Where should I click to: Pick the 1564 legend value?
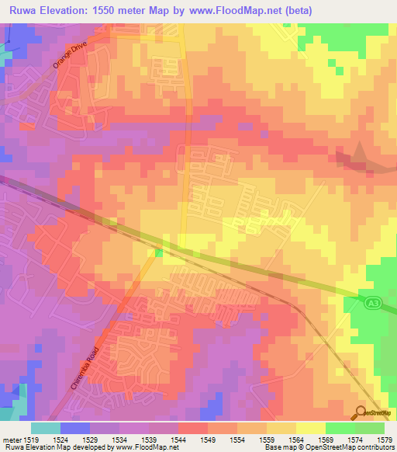point(299,440)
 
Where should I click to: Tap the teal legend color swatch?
point(45,428)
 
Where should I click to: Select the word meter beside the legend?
point(13,440)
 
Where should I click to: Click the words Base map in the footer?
point(278,448)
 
